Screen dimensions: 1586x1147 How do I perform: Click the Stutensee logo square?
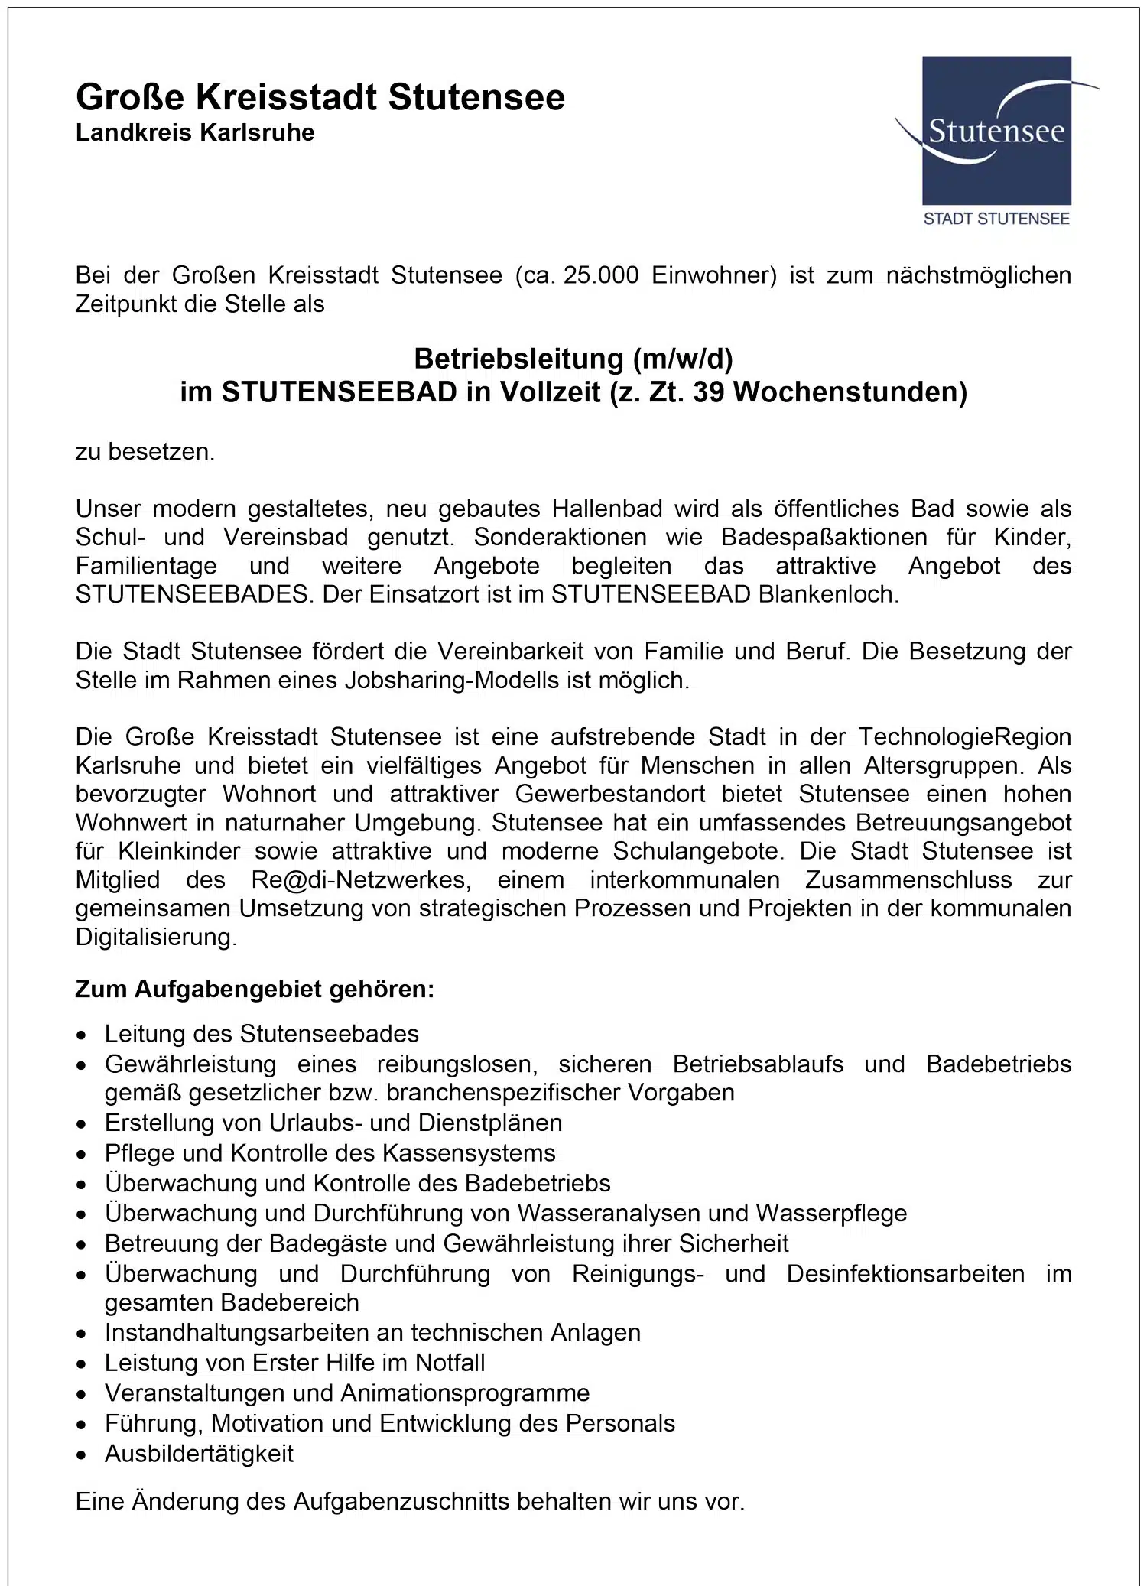point(996,130)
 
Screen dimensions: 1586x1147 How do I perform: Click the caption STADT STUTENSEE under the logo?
point(996,219)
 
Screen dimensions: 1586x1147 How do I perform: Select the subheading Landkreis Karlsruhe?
point(195,133)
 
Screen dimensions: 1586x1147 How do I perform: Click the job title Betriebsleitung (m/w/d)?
point(573,358)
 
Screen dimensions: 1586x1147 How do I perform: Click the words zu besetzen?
point(145,452)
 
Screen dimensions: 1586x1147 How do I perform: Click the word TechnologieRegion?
point(964,736)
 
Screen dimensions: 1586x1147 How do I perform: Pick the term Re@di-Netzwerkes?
point(358,879)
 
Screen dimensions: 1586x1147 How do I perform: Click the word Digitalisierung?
point(156,937)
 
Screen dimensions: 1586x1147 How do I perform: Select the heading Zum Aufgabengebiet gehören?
point(255,990)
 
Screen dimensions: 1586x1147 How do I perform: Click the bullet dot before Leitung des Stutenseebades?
point(82,1035)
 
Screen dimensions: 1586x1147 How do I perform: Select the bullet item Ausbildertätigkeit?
point(199,1454)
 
